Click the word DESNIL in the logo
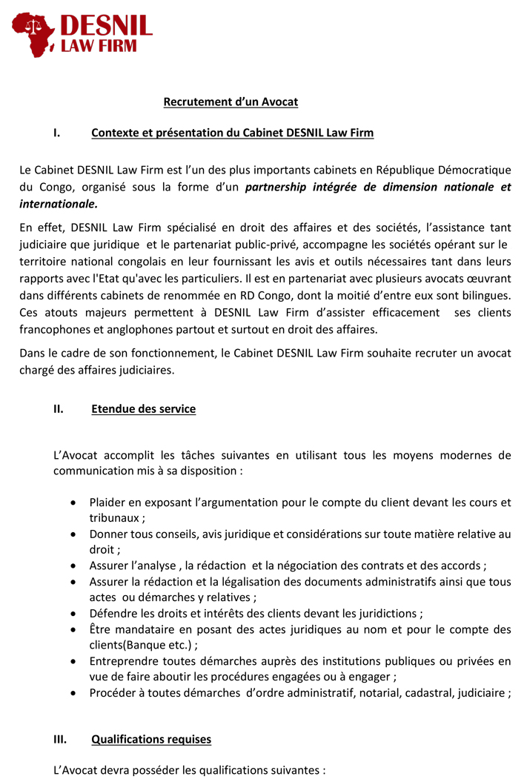(x=106, y=27)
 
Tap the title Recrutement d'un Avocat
(x=231, y=102)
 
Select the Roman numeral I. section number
(x=56, y=133)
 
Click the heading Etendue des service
(x=143, y=409)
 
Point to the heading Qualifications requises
(x=151, y=739)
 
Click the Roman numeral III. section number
(x=60, y=739)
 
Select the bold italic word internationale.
(x=59, y=203)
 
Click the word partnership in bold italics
(x=276, y=188)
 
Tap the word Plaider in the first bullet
(x=107, y=503)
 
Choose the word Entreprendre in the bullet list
(x=124, y=660)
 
